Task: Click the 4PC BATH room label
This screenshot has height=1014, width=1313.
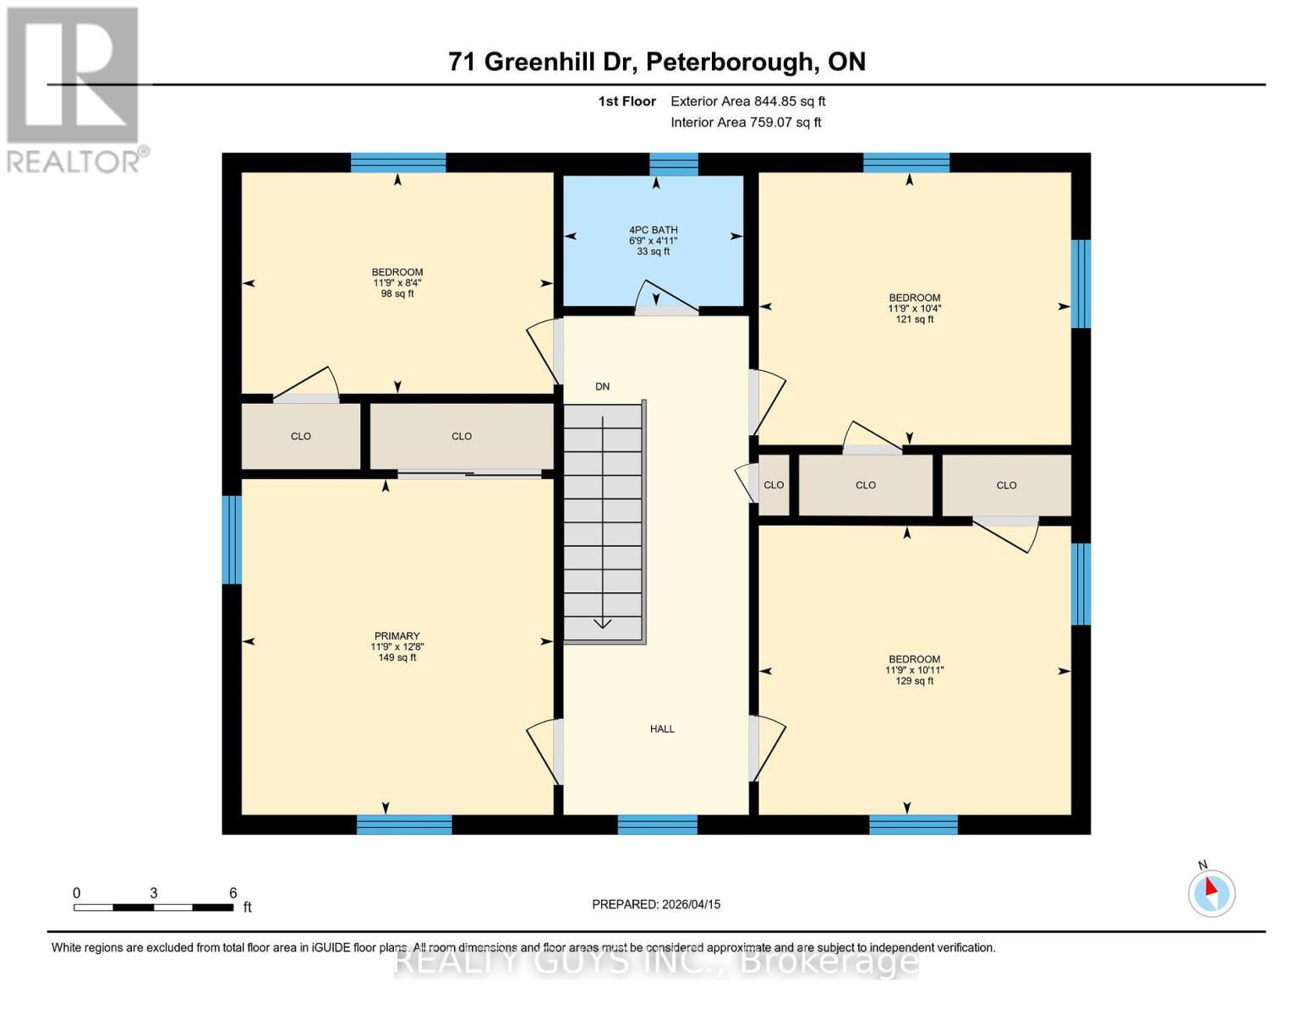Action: (x=653, y=230)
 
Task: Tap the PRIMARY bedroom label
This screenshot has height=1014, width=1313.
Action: (x=397, y=636)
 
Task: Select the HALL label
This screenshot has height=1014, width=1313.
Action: (x=662, y=729)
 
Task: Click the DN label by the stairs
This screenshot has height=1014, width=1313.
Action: (x=602, y=387)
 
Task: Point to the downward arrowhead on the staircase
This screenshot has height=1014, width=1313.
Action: (x=602, y=624)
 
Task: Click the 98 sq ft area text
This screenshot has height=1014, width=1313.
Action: (x=397, y=294)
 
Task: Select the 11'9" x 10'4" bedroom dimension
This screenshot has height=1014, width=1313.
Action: (x=914, y=309)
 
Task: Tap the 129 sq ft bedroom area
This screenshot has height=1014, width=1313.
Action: (x=914, y=681)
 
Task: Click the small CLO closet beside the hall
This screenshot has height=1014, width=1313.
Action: (x=774, y=485)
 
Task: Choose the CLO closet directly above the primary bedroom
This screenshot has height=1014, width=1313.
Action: (x=462, y=437)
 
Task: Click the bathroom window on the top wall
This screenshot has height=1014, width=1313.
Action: (x=674, y=164)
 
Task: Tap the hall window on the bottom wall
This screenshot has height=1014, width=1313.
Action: (x=657, y=825)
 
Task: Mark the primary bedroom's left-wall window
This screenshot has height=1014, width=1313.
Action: (x=232, y=540)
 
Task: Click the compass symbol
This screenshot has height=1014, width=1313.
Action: (x=1212, y=893)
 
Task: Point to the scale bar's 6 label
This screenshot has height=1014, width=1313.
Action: (x=233, y=893)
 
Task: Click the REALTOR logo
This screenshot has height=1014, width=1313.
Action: (x=74, y=89)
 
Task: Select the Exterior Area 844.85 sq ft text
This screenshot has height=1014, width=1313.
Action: (x=747, y=101)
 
